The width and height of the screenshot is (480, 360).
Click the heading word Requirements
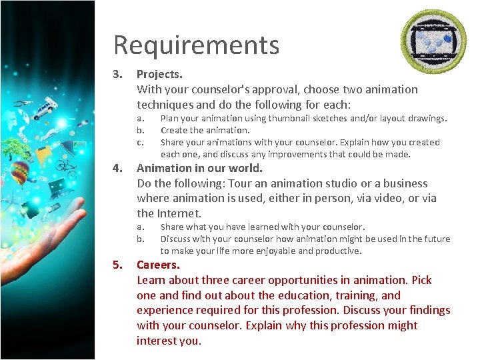click(x=196, y=45)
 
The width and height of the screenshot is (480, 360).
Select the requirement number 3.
click(x=117, y=74)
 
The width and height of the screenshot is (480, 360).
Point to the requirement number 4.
click(x=117, y=168)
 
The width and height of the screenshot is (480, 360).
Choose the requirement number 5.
click(x=117, y=265)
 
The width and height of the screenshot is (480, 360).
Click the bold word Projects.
click(x=159, y=74)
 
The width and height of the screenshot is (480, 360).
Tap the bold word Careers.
click(x=158, y=265)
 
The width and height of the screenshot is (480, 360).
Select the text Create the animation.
click(x=205, y=130)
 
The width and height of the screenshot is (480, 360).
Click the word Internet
click(x=179, y=213)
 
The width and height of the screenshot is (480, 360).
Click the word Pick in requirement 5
click(x=421, y=280)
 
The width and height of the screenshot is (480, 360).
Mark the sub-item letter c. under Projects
click(x=140, y=142)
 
